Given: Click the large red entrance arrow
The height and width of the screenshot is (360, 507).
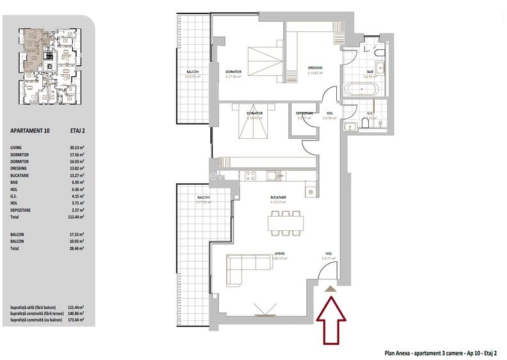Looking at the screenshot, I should point(331,318).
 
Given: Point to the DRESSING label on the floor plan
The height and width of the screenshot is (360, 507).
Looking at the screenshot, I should point(315,68).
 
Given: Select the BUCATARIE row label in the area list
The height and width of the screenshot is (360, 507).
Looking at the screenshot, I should point(23,175).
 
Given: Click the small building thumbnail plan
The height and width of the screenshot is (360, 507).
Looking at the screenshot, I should point(49,67).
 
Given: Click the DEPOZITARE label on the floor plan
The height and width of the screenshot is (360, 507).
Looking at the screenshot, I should point(304,113).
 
